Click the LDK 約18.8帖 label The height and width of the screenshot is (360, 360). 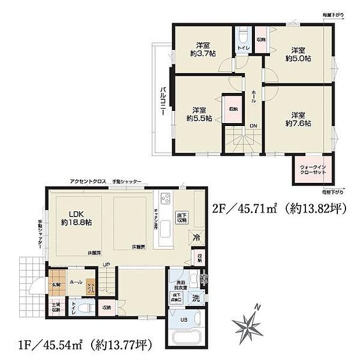pyautogui.click(x=72, y=218)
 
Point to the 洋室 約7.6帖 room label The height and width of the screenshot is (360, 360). pyautogui.click(x=298, y=118)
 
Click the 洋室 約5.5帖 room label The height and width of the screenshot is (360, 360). pyautogui.click(x=199, y=113)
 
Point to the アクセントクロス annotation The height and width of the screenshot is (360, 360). pyautogui.click(x=88, y=182)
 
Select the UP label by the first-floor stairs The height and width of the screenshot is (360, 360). pyautogui.click(x=106, y=264)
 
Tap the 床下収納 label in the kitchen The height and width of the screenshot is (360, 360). pyautogui.click(x=182, y=218)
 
